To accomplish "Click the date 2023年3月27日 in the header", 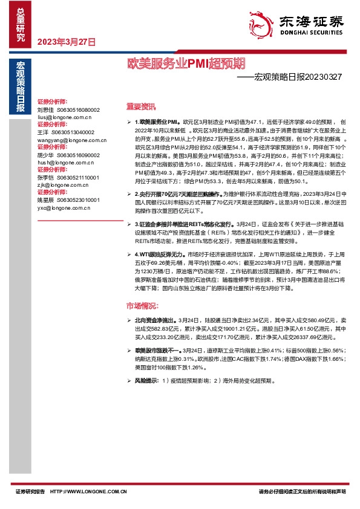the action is click(67, 42).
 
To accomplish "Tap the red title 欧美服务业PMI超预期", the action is click(186, 63).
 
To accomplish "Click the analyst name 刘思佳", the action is click(45, 109).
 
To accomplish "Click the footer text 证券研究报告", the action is click(30, 493).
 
